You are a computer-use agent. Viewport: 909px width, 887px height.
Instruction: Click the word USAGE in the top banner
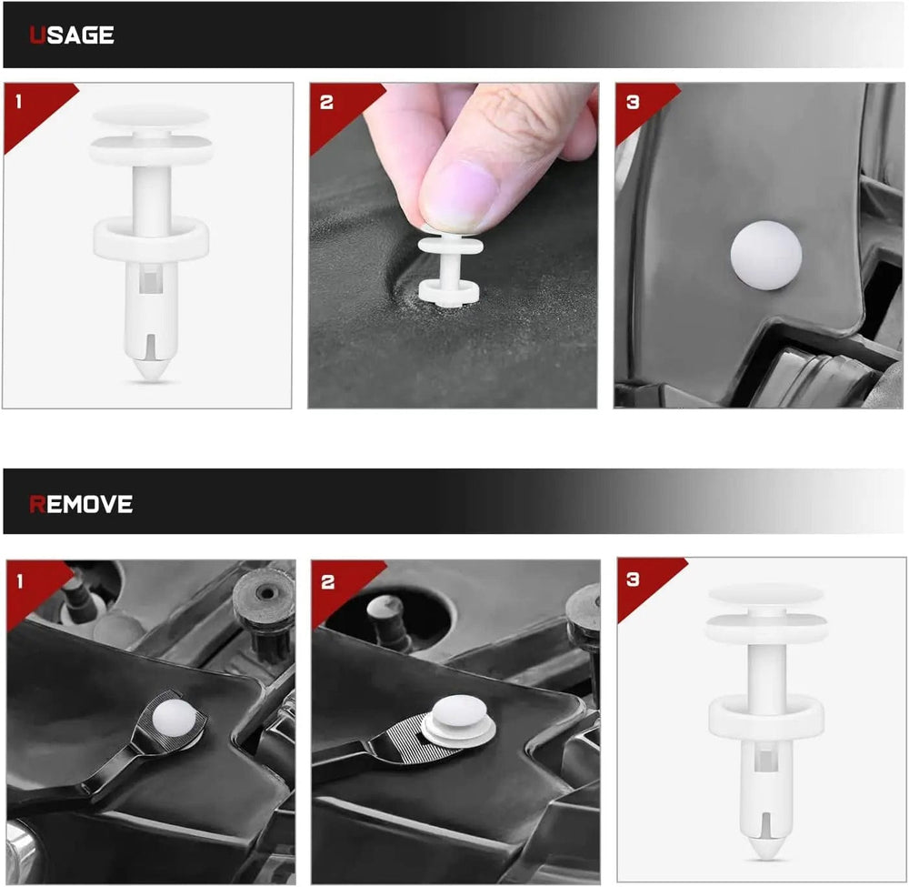(x=71, y=35)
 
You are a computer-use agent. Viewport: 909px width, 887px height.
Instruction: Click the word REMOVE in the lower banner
(x=81, y=504)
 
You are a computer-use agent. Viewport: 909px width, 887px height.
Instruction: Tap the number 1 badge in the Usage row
(x=18, y=102)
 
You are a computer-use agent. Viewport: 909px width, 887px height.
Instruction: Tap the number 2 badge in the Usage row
(x=326, y=103)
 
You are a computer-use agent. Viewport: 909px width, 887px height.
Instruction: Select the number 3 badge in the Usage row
(x=633, y=103)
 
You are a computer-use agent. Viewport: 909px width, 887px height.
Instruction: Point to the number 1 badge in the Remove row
(x=20, y=581)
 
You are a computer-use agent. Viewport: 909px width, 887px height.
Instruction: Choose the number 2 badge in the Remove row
(x=327, y=582)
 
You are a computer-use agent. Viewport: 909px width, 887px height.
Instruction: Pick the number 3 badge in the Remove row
(x=633, y=579)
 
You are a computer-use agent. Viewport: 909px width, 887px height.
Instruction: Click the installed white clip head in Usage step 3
(x=765, y=255)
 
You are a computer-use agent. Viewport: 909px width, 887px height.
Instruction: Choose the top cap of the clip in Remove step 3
(x=766, y=594)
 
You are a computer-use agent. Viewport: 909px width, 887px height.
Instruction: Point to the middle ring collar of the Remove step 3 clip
(x=766, y=717)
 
